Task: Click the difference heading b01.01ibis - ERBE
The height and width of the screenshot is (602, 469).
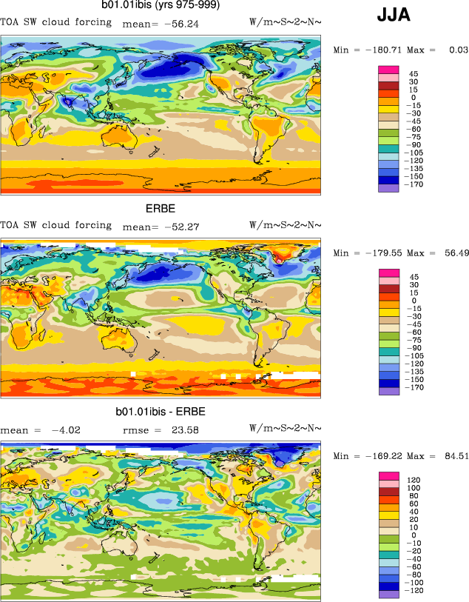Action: pos(161,411)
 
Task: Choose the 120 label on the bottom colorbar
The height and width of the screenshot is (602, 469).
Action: pos(415,480)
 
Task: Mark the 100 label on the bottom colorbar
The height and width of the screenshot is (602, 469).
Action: pos(415,489)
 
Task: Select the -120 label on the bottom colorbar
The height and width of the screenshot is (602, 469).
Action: pos(417,593)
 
